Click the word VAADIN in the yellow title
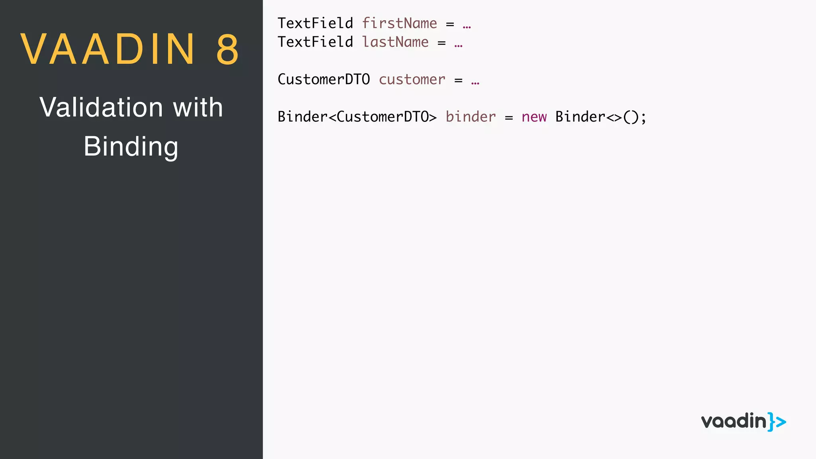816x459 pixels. coord(108,49)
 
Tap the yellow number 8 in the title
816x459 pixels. coord(228,49)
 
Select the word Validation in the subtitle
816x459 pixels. coord(101,108)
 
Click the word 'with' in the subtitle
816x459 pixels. coord(198,108)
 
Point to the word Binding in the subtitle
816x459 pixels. coord(131,147)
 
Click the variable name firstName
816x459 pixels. coord(399,24)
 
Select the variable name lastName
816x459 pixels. coord(395,42)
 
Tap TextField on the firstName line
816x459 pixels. coord(315,24)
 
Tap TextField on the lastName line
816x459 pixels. coord(315,42)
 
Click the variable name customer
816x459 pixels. coord(412,80)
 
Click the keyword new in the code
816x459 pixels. coord(534,117)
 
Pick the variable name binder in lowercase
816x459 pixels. coord(471,117)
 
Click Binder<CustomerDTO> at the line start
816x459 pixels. coord(357,117)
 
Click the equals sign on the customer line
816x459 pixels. coord(459,80)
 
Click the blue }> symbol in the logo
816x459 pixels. coord(777,422)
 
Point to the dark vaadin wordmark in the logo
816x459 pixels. coord(734,421)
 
